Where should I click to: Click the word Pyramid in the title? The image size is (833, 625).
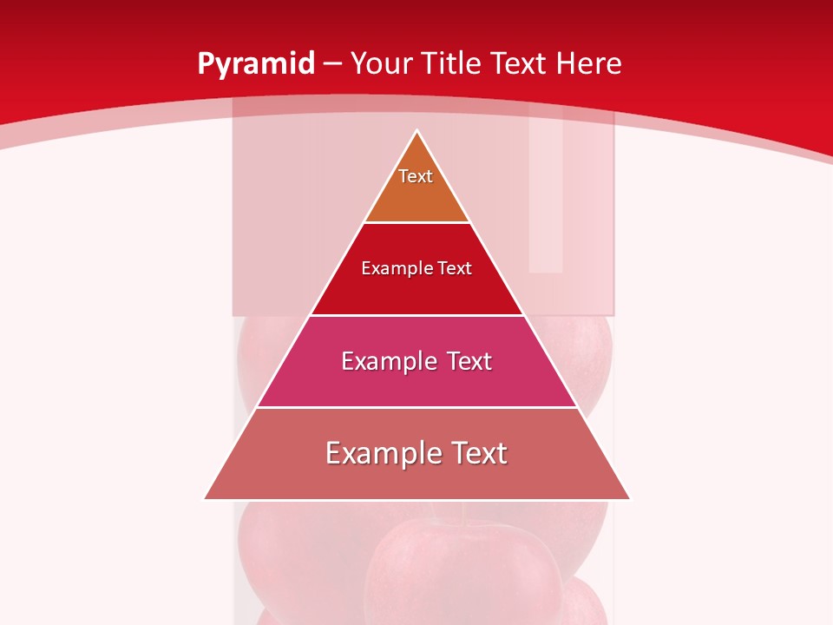(x=255, y=64)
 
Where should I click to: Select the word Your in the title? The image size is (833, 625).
(x=382, y=63)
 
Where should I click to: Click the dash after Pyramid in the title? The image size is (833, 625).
(x=332, y=64)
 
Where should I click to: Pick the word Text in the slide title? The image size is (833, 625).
(x=521, y=63)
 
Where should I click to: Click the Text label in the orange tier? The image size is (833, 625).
(x=416, y=176)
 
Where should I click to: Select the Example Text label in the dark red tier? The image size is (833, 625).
(x=416, y=268)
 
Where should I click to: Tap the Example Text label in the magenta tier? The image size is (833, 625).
(x=416, y=361)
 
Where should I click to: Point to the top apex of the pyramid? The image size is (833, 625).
(x=417, y=132)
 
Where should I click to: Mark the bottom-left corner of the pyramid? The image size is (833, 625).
(x=206, y=499)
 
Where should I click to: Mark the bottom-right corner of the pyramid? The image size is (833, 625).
(x=629, y=499)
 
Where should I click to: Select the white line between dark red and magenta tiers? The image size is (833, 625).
(x=416, y=315)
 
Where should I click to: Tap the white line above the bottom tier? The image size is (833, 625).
(x=416, y=407)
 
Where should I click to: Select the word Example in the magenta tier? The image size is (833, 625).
(x=388, y=361)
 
